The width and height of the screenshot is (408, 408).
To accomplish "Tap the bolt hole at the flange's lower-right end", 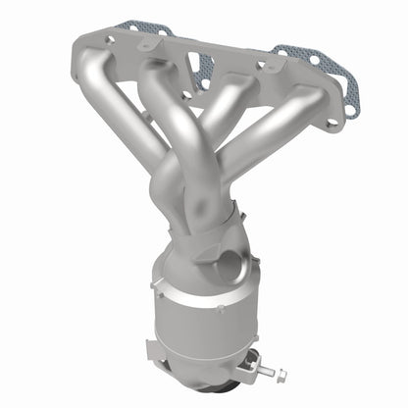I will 331,124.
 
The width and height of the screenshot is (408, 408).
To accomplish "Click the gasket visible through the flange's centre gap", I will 203,69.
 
